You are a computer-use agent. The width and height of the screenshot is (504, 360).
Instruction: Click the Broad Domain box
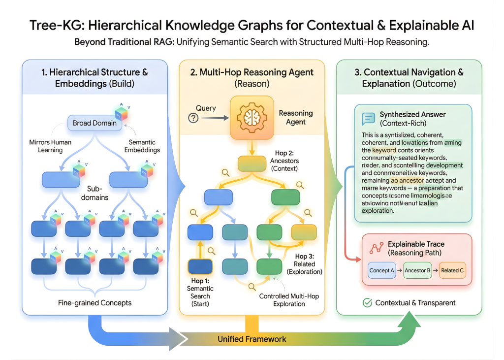[x=94, y=123]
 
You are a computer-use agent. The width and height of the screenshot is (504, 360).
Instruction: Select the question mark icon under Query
[x=193, y=118]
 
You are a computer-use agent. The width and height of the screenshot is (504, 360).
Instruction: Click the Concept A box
[x=381, y=270]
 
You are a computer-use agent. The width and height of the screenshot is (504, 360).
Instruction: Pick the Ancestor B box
[x=417, y=270]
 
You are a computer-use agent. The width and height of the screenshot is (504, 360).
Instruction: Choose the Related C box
[x=452, y=270]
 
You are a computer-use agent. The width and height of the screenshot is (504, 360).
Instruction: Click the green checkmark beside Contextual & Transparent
[x=367, y=303]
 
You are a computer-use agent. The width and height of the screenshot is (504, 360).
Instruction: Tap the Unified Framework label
[x=252, y=339]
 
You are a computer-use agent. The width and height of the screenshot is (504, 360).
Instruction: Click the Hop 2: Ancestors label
[x=284, y=161]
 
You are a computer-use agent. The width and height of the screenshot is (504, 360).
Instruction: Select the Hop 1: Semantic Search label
[x=200, y=292]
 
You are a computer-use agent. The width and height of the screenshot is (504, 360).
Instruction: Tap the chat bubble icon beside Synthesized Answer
[x=368, y=119]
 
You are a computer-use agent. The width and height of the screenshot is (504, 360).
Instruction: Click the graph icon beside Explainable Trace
[x=377, y=248]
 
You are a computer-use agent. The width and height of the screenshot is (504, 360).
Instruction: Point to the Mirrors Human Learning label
[x=51, y=146]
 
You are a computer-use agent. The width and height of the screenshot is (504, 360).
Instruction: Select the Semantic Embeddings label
[x=142, y=146]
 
